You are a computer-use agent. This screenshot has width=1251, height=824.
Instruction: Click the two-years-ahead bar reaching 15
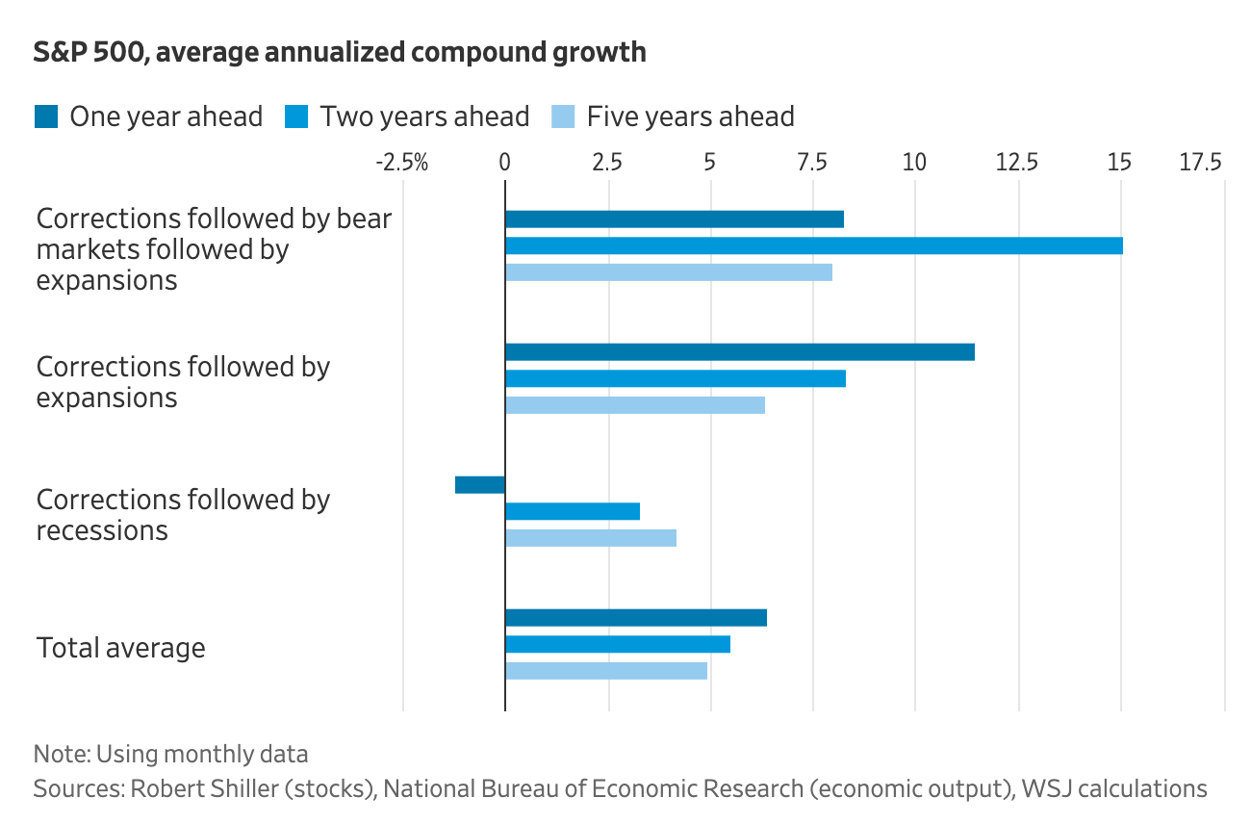click(x=813, y=245)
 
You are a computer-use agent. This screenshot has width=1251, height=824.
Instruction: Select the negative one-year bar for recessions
click(x=479, y=485)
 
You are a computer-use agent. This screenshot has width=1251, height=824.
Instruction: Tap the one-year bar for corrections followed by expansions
click(x=739, y=351)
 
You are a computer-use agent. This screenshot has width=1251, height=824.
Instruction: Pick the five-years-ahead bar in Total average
click(x=606, y=671)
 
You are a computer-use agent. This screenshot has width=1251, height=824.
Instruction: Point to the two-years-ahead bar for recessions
click(x=572, y=511)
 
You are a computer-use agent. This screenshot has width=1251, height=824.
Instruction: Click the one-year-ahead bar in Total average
click(x=635, y=618)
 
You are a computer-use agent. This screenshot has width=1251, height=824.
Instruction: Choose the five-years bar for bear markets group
click(x=668, y=272)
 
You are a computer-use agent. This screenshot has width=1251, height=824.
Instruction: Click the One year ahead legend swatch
click(x=46, y=116)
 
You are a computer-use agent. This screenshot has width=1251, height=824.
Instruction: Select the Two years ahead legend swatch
click(x=296, y=116)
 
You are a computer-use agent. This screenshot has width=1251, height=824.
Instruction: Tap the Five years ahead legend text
click(x=690, y=116)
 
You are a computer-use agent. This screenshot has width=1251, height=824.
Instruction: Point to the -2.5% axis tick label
click(x=400, y=162)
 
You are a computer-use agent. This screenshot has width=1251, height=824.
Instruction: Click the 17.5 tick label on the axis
click(x=1201, y=162)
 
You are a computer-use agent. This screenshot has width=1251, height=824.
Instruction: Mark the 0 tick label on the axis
click(x=504, y=162)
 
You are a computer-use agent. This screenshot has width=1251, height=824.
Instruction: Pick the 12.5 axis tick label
click(x=1017, y=162)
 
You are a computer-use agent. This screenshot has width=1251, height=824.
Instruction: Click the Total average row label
click(x=120, y=647)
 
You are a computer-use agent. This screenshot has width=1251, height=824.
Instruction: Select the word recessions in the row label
click(x=101, y=530)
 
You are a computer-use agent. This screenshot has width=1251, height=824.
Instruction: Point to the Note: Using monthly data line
click(x=170, y=753)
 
